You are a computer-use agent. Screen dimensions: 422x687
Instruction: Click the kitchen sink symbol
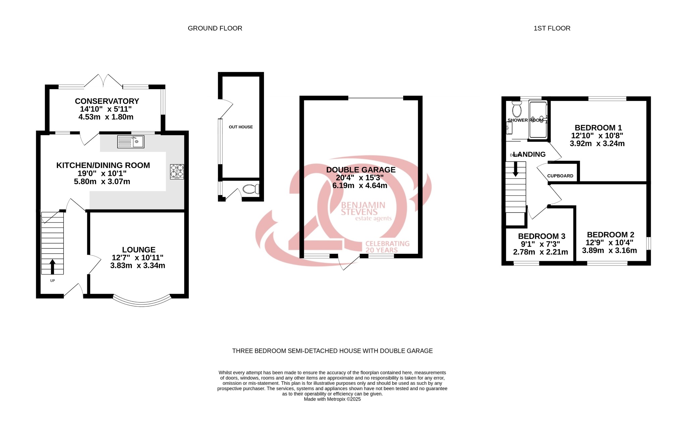tap(130, 141)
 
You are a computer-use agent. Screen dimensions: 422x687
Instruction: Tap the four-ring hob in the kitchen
tap(177, 171)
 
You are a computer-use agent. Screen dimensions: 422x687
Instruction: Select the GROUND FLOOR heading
tap(215, 28)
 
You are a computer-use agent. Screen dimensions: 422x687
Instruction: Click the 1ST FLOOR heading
tap(552, 28)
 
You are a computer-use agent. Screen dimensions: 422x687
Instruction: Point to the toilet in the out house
tap(251, 189)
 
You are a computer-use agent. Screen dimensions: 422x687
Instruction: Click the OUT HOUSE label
tap(241, 127)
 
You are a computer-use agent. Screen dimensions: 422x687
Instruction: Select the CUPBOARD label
tap(560, 176)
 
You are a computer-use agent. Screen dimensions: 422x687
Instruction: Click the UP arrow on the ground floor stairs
tap(52, 266)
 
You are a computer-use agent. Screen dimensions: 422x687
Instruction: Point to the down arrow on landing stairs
tap(516, 169)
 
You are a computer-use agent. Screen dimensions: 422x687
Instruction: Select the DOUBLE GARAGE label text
tap(361, 170)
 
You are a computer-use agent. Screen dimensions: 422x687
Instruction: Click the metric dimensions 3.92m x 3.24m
tap(597, 144)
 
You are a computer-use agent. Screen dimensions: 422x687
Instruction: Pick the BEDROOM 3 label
tap(541, 236)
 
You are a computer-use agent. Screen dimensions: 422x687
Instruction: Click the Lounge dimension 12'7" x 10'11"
tap(138, 258)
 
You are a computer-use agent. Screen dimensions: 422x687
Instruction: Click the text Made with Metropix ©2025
tap(332, 399)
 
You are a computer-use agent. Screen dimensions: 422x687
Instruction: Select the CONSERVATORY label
tap(107, 101)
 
